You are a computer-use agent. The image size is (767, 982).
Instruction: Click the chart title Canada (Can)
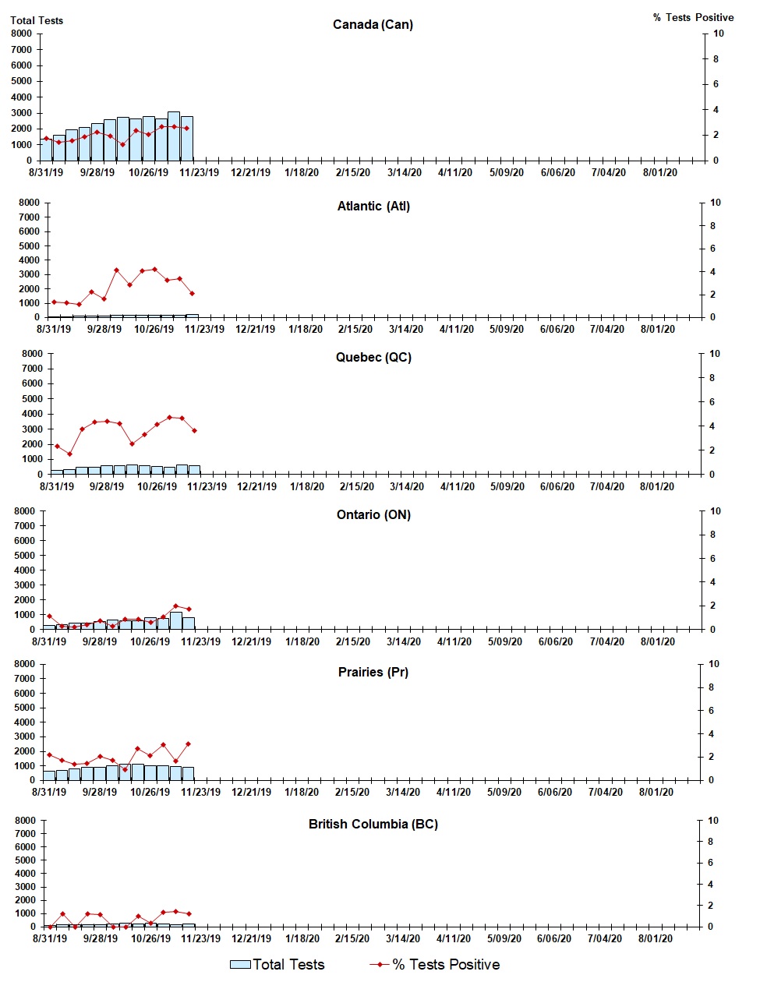click(x=373, y=25)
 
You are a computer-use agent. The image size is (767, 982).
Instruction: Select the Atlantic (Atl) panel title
click(x=373, y=207)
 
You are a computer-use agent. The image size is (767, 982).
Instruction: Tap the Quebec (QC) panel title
click(x=373, y=358)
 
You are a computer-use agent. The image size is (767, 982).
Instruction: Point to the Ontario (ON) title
click(x=373, y=515)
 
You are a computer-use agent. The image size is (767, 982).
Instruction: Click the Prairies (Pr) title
click(x=373, y=673)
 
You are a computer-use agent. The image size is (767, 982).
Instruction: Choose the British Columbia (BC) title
click(x=373, y=825)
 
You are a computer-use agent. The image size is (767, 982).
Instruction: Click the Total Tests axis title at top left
click(x=37, y=20)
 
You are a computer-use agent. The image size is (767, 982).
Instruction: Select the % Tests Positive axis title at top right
click(x=693, y=17)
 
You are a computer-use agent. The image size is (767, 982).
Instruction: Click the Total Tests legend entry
click(x=277, y=965)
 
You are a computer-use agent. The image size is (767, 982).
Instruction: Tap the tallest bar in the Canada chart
click(x=173, y=136)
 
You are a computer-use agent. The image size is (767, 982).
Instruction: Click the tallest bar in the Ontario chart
click(x=176, y=620)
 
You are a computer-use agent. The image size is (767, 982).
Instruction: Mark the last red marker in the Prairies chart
click(x=189, y=744)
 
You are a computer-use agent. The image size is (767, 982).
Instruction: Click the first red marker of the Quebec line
click(x=57, y=446)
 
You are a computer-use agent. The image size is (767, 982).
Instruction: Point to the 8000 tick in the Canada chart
click(x=22, y=34)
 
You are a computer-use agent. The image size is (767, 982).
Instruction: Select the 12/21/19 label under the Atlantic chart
click(x=256, y=330)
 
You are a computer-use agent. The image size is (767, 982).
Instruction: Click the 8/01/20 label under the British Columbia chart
click(x=656, y=939)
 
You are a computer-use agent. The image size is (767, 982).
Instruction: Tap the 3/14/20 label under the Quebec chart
click(x=407, y=487)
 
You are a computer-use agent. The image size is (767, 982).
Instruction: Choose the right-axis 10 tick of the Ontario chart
click(x=715, y=511)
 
